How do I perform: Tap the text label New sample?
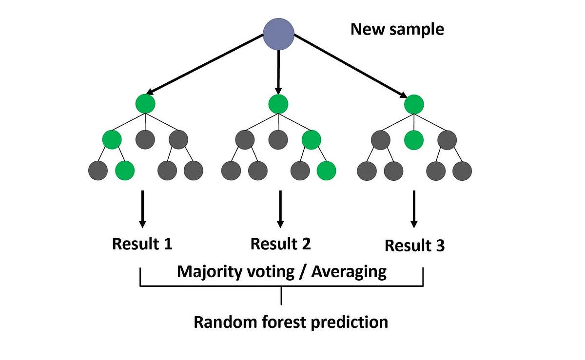click(397, 29)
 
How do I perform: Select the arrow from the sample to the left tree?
click(205, 63)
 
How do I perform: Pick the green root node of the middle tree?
click(278, 104)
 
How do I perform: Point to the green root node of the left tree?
click(146, 104)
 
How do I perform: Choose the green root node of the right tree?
click(414, 104)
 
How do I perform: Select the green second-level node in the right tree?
click(414, 140)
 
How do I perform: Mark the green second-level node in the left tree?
click(112, 140)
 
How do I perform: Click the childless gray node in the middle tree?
click(278, 140)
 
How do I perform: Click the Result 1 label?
click(142, 244)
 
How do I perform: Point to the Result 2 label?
click(280, 244)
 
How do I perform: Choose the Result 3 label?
click(414, 246)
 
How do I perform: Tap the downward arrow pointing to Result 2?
click(280, 209)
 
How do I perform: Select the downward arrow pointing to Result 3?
click(414, 209)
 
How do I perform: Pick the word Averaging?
click(349, 271)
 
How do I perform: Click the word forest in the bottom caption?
click(285, 322)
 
